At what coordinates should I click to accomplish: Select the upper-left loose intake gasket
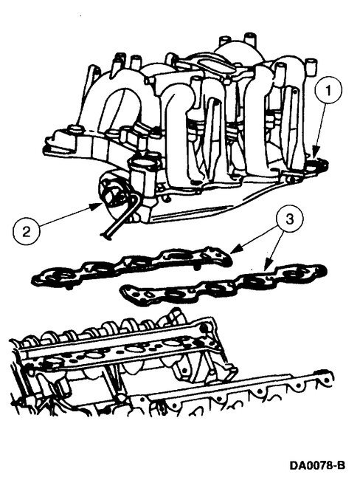(x=133, y=267)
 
